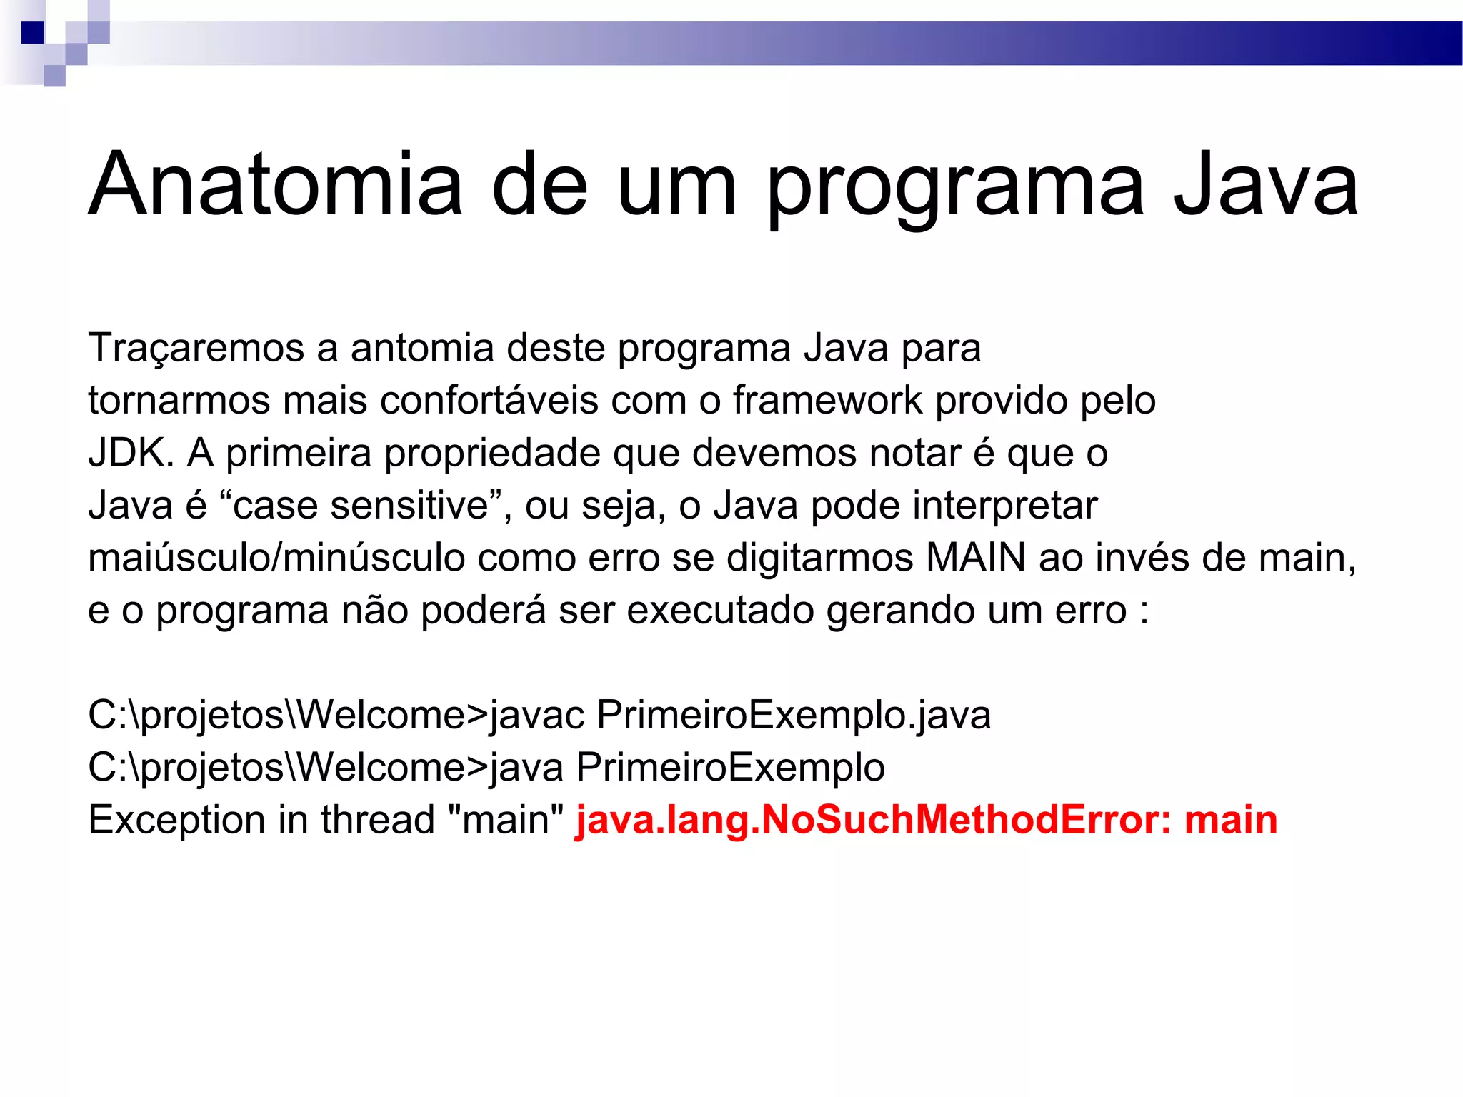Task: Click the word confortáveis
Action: [x=489, y=400]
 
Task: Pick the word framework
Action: [x=828, y=400]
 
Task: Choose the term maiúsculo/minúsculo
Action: [x=276, y=558]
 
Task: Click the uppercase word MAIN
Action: [x=975, y=558]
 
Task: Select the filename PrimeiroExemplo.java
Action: [x=794, y=716]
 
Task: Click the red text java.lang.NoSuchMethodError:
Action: [x=873, y=820]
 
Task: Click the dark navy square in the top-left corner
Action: [x=32, y=33]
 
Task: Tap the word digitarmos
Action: [x=819, y=558]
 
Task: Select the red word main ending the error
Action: [x=1231, y=820]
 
